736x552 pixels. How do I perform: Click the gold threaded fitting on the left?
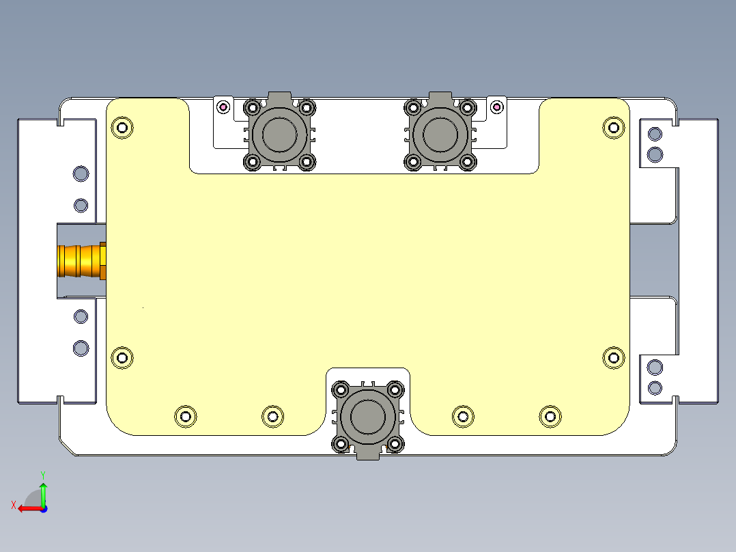(x=81, y=260)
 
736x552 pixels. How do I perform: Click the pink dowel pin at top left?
(x=223, y=107)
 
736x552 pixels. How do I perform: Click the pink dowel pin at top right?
(x=497, y=107)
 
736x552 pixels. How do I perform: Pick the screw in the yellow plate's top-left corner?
(x=122, y=127)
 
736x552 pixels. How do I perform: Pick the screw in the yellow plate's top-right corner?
(x=613, y=126)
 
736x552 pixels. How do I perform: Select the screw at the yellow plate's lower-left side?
(x=122, y=357)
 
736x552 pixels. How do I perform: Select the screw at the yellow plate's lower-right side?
(x=613, y=357)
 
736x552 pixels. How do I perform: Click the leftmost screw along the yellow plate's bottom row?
(x=185, y=416)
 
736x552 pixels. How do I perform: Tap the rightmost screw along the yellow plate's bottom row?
(x=550, y=416)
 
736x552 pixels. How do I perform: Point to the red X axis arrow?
(x=27, y=508)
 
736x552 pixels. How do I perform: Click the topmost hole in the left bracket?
(x=81, y=174)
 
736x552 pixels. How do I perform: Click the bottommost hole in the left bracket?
(x=81, y=348)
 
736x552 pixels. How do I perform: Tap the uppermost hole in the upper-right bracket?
(x=655, y=133)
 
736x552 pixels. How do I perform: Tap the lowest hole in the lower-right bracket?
(x=655, y=388)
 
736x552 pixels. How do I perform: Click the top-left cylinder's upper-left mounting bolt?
(x=252, y=107)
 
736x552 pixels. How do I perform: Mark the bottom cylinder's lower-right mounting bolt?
(x=395, y=445)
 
